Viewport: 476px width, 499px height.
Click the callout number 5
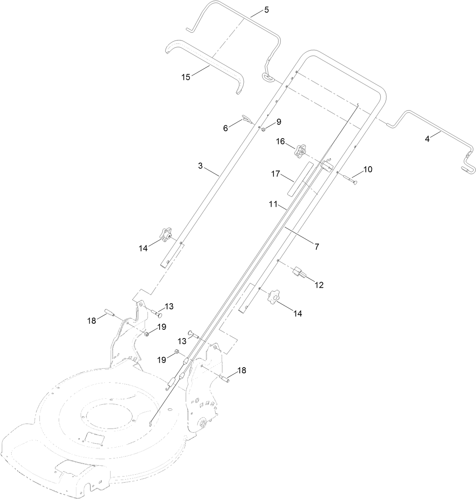click(x=266, y=10)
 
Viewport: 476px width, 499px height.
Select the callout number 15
click(x=186, y=77)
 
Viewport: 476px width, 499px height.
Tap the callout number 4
click(x=427, y=139)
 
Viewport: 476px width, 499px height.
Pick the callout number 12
click(x=319, y=285)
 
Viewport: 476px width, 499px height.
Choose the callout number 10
click(x=368, y=169)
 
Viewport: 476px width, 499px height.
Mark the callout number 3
click(x=201, y=165)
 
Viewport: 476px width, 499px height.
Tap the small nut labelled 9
click(x=263, y=130)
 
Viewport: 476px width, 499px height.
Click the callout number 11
click(x=273, y=206)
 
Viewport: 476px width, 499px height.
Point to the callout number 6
click(x=226, y=128)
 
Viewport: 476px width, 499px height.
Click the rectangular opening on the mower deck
click(x=95, y=439)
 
